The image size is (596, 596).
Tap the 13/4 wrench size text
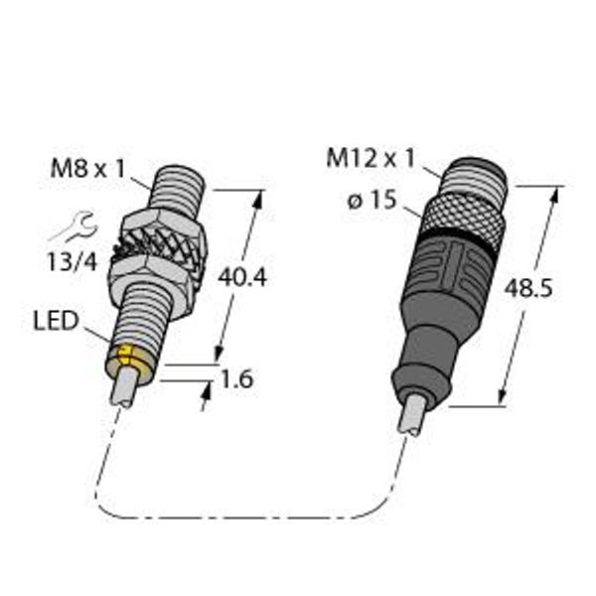pos(71,262)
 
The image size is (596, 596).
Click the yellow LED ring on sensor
pos(134,362)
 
